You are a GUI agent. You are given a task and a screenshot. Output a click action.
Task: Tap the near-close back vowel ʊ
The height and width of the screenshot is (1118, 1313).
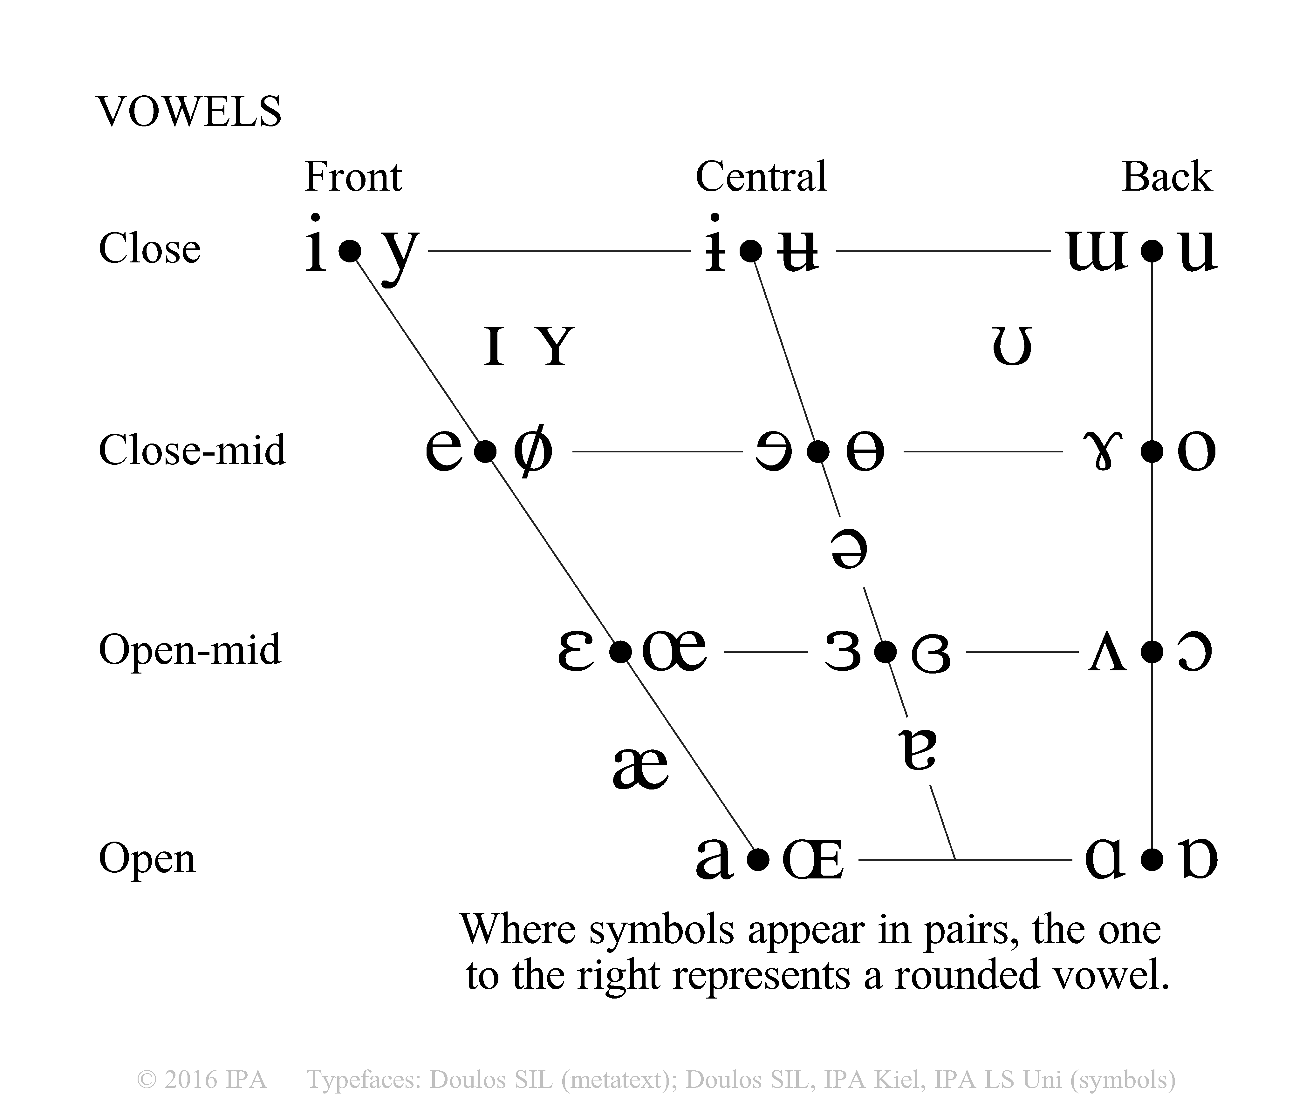click(x=1012, y=348)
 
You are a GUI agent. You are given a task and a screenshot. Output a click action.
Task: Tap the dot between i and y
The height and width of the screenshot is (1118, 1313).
click(x=349, y=252)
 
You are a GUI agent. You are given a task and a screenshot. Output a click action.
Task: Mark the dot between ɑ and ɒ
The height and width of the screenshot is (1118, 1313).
click(x=1152, y=860)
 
